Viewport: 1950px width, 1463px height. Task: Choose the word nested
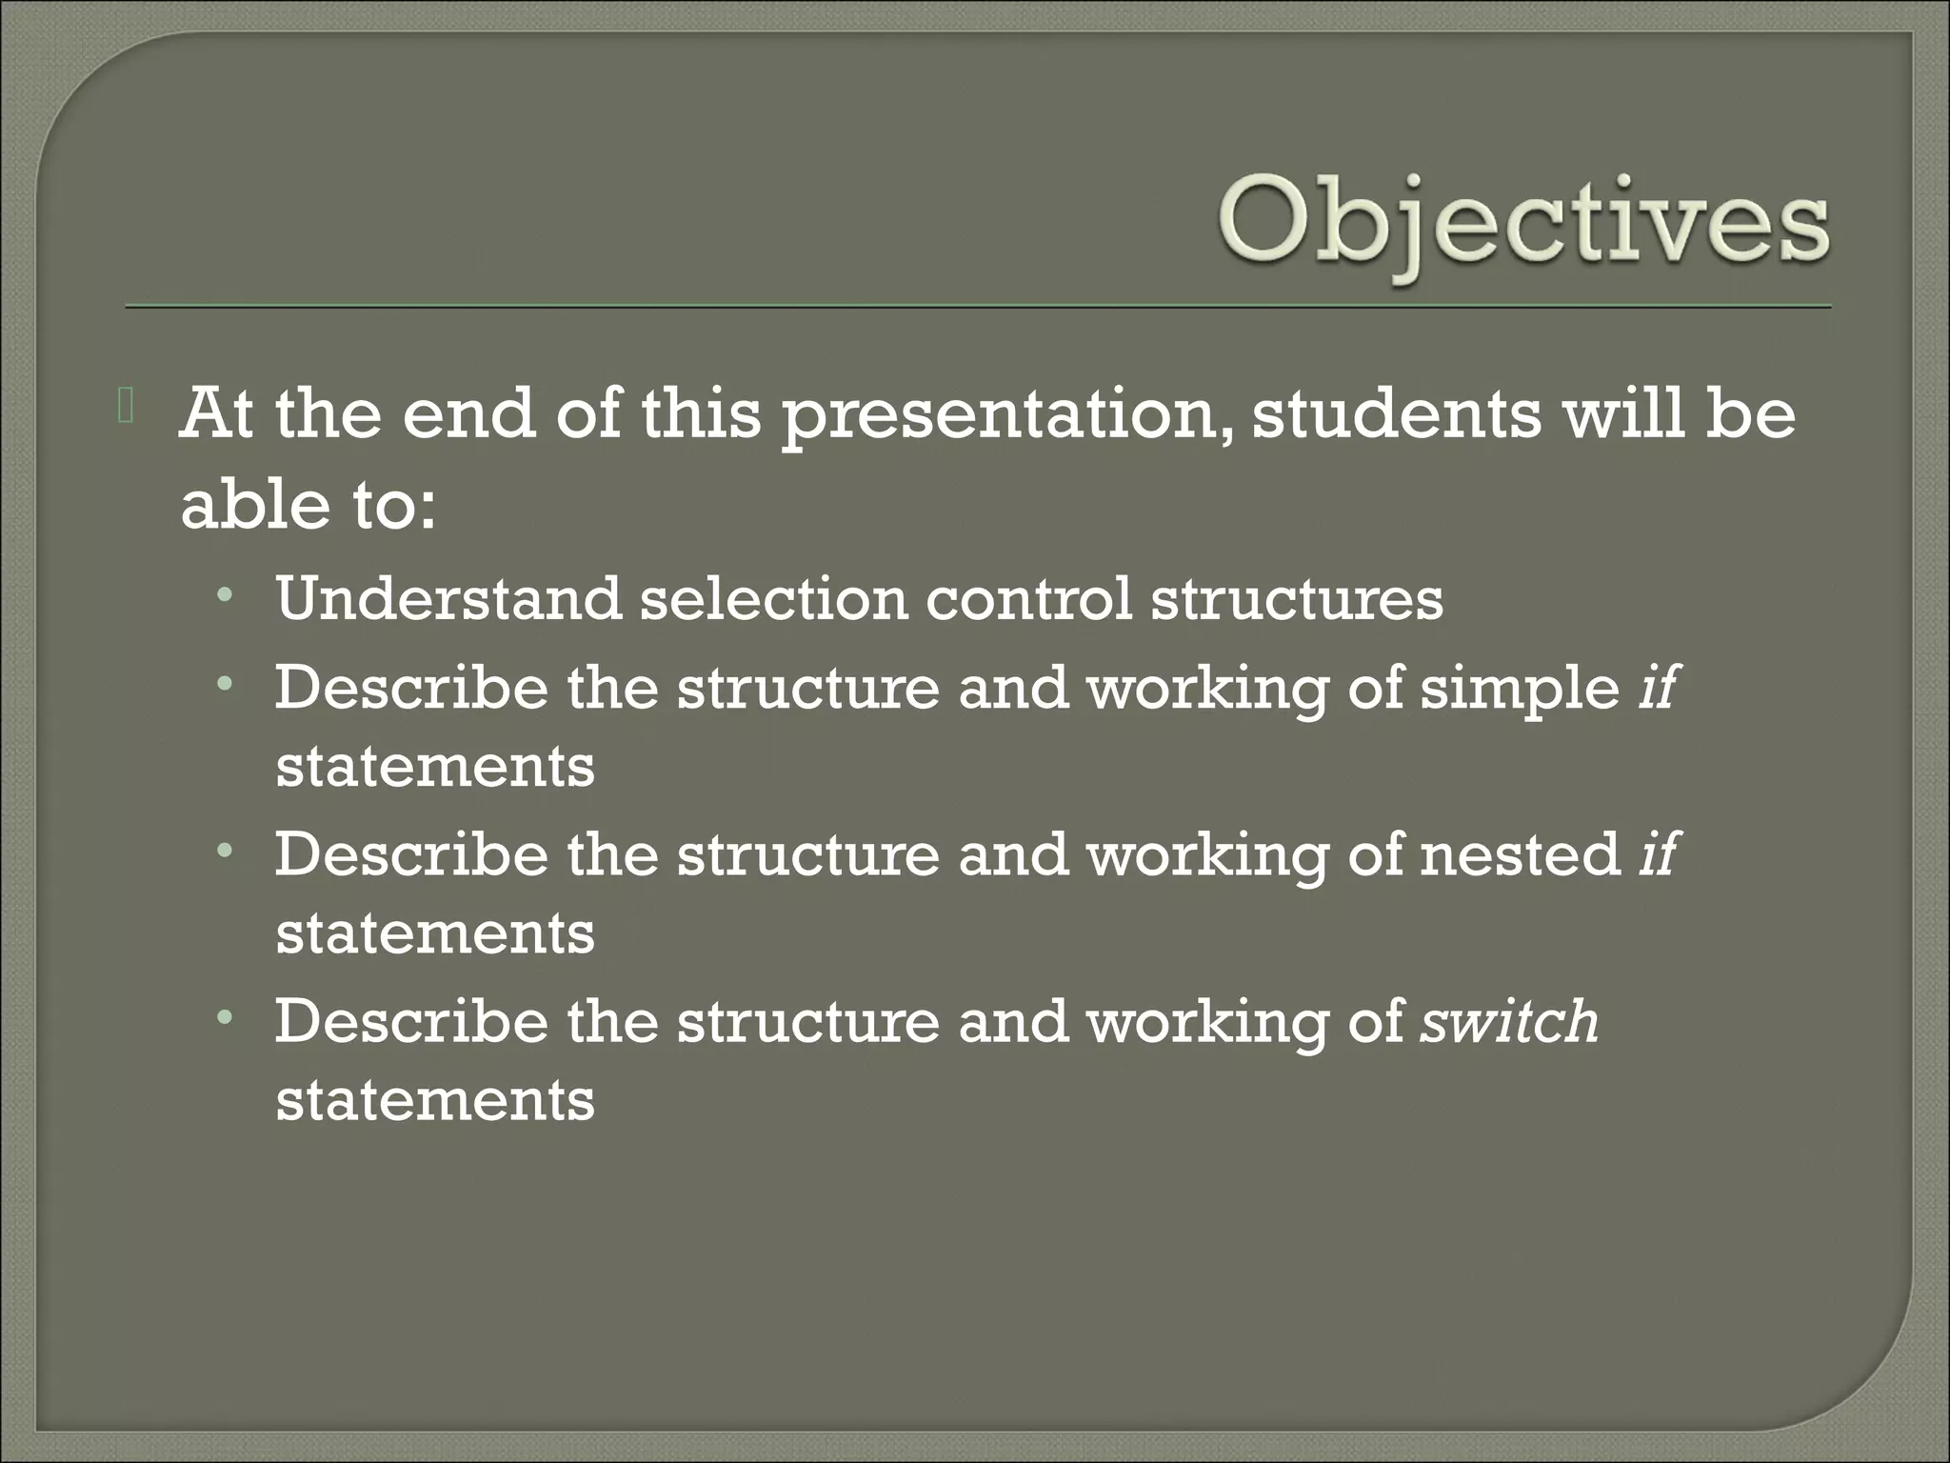point(1520,853)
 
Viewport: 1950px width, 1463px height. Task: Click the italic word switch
point(1509,1021)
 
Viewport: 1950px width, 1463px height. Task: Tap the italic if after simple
point(1657,686)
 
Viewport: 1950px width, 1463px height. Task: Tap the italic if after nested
point(1657,852)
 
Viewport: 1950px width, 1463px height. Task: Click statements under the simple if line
point(435,767)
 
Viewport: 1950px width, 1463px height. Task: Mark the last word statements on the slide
point(435,1100)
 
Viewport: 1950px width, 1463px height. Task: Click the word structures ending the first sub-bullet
point(1297,599)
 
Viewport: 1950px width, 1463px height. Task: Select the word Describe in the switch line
point(411,1021)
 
